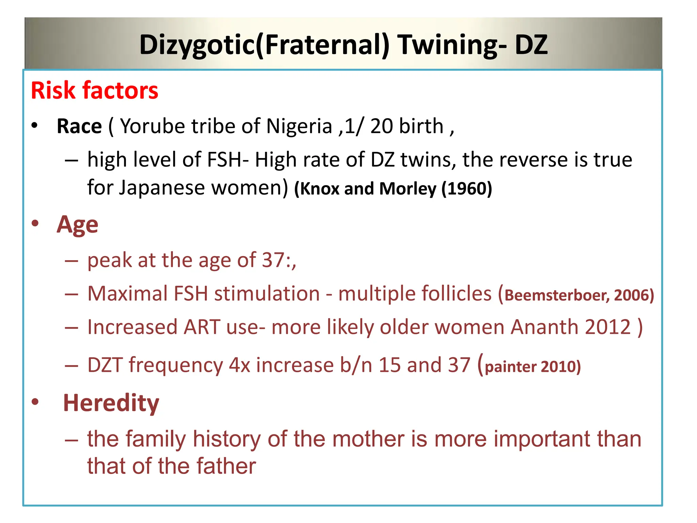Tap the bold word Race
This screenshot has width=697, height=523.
click(x=79, y=126)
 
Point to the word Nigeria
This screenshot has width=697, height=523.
click(x=299, y=126)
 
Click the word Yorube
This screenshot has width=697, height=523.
click(x=153, y=126)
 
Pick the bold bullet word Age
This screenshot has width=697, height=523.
click(x=77, y=225)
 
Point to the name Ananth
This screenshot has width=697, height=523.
click(x=544, y=327)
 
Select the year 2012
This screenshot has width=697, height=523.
click(x=608, y=327)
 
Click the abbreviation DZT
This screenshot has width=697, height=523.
click(x=105, y=365)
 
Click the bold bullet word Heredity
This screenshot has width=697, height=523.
click(x=111, y=403)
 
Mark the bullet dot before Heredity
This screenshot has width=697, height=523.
click(x=35, y=402)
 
